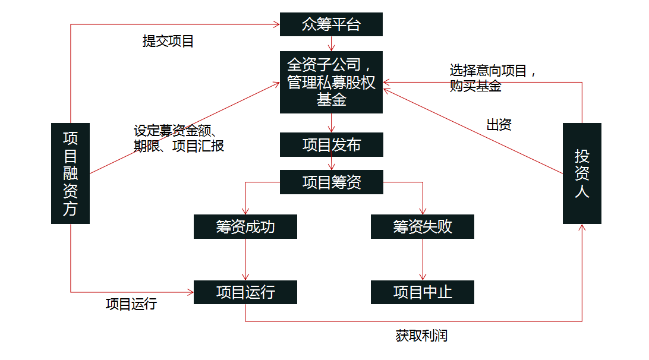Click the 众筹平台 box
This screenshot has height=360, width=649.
(x=331, y=25)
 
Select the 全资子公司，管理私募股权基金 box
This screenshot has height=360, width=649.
(x=331, y=82)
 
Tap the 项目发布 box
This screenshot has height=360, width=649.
(x=331, y=145)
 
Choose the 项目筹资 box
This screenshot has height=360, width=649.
(x=331, y=182)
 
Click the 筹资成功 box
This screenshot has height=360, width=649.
(x=245, y=226)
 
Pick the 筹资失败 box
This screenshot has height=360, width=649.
(x=422, y=226)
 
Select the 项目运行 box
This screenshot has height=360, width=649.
(x=245, y=292)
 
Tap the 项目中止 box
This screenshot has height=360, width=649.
(x=422, y=292)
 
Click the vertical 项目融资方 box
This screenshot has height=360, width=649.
(x=70, y=173)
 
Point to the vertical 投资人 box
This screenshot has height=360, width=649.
(x=582, y=173)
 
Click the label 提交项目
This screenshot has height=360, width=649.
(x=168, y=42)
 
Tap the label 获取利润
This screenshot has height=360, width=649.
(x=421, y=336)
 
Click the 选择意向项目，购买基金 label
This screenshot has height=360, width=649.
(x=493, y=78)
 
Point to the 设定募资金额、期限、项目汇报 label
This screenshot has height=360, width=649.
(x=178, y=138)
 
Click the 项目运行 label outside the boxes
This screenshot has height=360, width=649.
(x=131, y=304)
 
